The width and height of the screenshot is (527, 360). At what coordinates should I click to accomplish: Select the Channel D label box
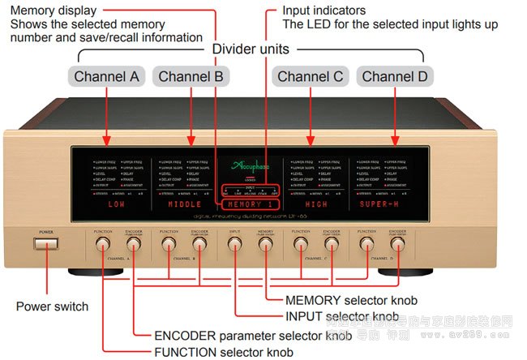pyautogui.click(x=396, y=77)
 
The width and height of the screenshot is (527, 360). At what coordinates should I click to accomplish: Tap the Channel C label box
pyautogui.click(x=311, y=77)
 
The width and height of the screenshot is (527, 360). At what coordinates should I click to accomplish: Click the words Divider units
pyautogui.click(x=251, y=49)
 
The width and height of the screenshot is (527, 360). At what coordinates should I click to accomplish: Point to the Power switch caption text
pyautogui.click(x=52, y=306)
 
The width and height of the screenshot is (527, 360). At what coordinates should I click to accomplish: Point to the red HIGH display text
pyautogui.click(x=315, y=205)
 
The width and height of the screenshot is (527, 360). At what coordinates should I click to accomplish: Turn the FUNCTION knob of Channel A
pyautogui.click(x=103, y=246)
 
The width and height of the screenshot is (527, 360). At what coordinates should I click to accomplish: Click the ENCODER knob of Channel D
pyautogui.click(x=396, y=246)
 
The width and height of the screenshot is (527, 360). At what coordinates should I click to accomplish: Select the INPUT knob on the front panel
pyautogui.click(x=235, y=246)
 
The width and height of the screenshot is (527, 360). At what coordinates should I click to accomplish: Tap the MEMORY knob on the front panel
pyautogui.click(x=266, y=246)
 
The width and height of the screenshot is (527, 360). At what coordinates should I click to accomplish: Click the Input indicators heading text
pyautogui.click(x=323, y=11)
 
